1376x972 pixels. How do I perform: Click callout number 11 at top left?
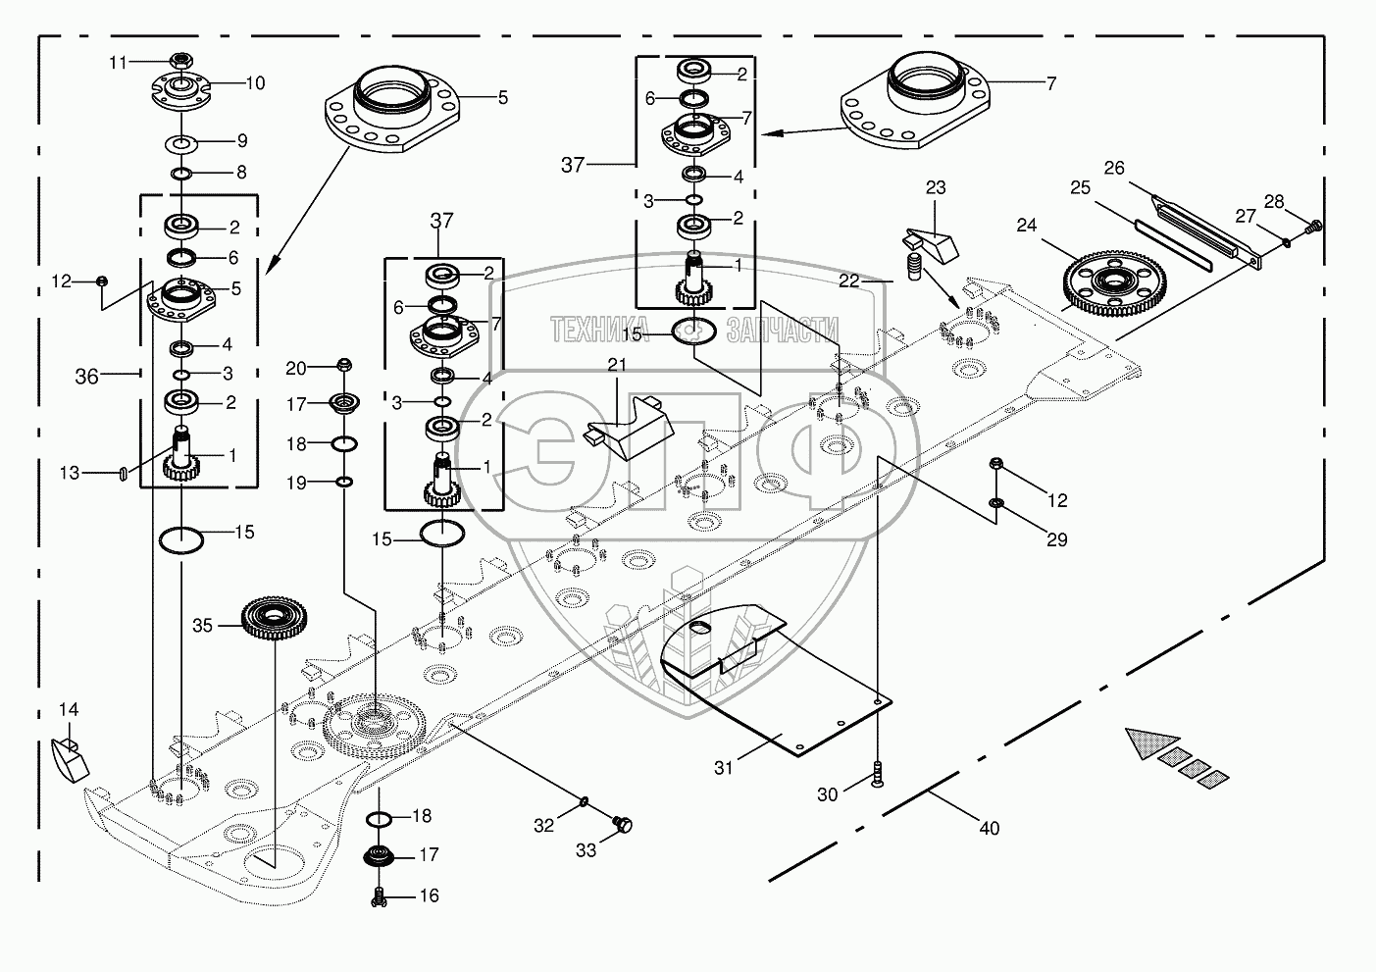coord(118,63)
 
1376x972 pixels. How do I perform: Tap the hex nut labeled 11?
coord(180,60)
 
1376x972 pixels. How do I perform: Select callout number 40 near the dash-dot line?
coord(990,828)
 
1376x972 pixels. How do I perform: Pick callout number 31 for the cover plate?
coord(723,768)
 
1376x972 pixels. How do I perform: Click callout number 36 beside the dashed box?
coord(87,376)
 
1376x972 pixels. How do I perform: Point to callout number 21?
coord(616,365)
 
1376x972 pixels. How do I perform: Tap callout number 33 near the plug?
coord(586,850)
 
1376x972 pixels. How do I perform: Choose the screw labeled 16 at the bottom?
coord(380,895)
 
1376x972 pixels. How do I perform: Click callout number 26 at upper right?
coord(1114,168)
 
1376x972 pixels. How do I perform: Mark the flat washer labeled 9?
coord(181,144)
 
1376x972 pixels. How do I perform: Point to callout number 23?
coord(936,187)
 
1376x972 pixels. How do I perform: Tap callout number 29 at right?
coord(1056,539)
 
